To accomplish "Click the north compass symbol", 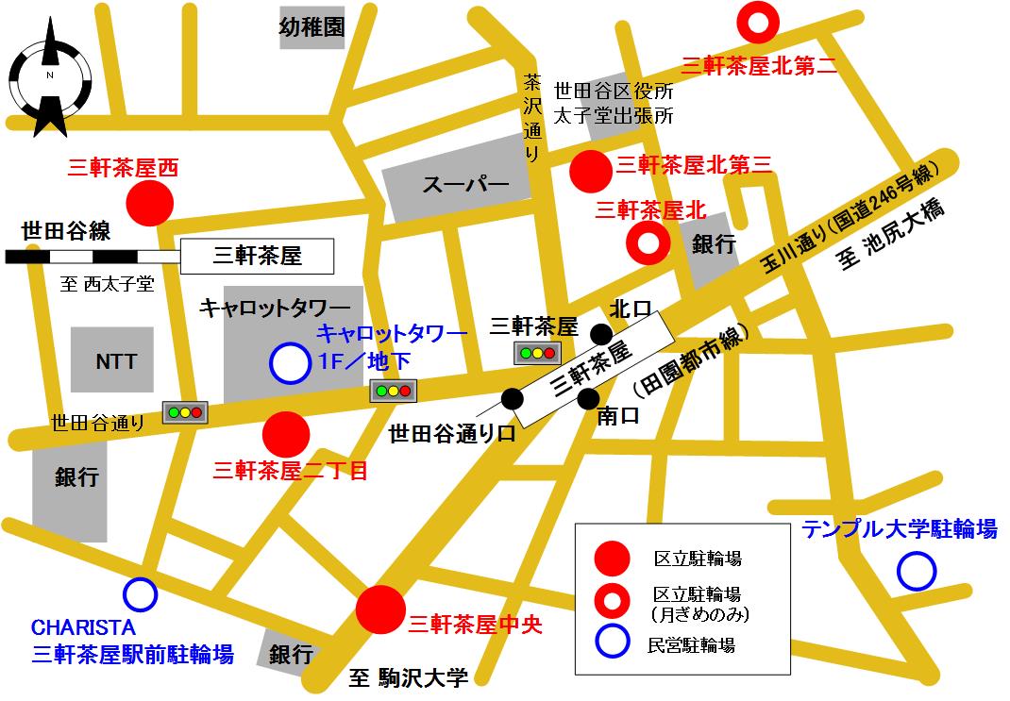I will click(x=48, y=78).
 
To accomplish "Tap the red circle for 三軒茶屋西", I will click(x=150, y=203).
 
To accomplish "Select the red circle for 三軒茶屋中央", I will click(x=381, y=609).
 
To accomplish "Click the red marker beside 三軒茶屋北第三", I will click(x=592, y=171).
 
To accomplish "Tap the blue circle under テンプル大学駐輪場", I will click(x=916, y=571).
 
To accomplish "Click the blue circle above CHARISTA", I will click(x=140, y=594).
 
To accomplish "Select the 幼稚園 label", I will click(x=311, y=28).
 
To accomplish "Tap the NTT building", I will click(x=115, y=361).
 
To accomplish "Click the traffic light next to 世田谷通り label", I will click(x=185, y=412).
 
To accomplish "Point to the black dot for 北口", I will click(x=600, y=333).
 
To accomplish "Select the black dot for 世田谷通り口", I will click(x=513, y=399).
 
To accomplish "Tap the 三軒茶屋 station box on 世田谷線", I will click(x=257, y=255).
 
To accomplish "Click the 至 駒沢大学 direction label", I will click(x=408, y=676).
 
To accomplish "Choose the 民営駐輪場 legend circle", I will click(x=611, y=644).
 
